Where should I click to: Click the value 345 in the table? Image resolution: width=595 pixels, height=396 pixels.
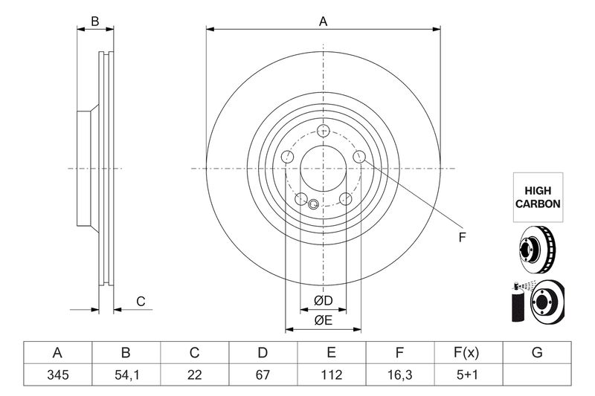[x=57, y=376]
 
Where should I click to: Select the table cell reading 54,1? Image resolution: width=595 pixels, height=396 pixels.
[x=126, y=376]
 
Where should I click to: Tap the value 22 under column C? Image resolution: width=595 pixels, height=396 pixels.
[x=195, y=376]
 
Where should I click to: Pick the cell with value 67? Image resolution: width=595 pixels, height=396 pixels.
[x=263, y=376]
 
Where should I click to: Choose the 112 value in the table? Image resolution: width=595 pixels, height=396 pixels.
[x=331, y=376]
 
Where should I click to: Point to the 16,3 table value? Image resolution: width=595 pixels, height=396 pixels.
[x=399, y=376]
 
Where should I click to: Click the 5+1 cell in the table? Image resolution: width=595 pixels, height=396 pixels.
[x=468, y=376]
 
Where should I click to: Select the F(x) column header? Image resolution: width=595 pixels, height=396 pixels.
[x=468, y=353]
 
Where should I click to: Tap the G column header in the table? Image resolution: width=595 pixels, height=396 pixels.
[x=536, y=353]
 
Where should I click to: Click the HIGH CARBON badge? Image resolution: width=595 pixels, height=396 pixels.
[x=538, y=197]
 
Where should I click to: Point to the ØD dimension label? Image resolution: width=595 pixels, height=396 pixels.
[x=323, y=300]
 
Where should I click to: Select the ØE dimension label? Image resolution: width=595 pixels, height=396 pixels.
[x=323, y=320]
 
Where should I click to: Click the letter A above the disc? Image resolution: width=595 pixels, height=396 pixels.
[x=323, y=22]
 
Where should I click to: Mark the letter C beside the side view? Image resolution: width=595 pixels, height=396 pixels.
[x=139, y=301]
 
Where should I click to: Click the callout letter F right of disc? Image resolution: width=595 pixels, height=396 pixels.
[x=462, y=238]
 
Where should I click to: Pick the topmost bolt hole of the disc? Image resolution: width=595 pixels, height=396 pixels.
[x=323, y=132]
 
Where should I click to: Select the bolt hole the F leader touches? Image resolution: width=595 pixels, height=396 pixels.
[x=359, y=156]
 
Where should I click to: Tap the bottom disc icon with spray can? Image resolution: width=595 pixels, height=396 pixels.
[x=537, y=302]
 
